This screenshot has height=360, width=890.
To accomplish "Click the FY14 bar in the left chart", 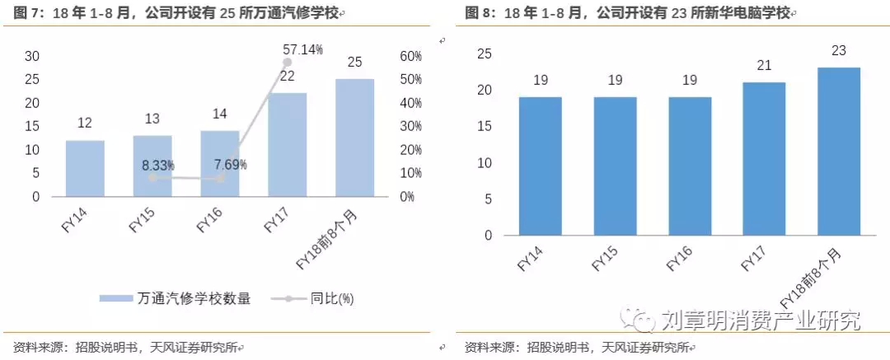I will (x=85, y=168).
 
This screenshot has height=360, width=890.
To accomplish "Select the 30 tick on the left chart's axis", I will (x=32, y=56).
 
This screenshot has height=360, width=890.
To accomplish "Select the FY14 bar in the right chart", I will (x=540, y=166).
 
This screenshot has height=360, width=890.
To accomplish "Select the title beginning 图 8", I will (x=627, y=13).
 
